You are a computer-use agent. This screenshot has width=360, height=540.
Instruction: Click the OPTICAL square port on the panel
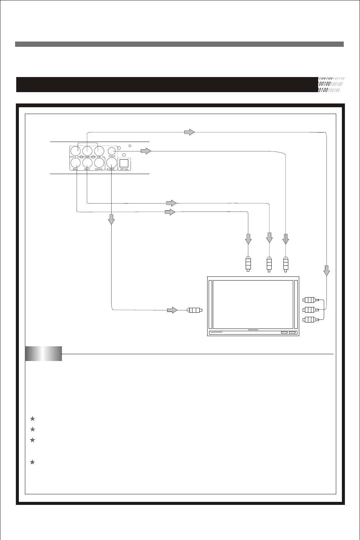[124, 164]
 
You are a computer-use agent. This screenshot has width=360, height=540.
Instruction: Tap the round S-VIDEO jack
[111, 163]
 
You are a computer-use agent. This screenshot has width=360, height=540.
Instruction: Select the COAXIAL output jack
[99, 163]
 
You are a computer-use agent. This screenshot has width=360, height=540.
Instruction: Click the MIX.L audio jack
[76, 163]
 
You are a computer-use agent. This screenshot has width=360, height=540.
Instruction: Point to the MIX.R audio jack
[87, 163]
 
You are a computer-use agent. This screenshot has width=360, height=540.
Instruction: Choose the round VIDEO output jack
[111, 151]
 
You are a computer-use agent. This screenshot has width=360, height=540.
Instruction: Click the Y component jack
[76, 151]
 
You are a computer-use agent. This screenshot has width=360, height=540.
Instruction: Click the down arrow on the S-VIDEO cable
[111, 219]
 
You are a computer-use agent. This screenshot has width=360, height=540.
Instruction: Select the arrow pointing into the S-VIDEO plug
[172, 310]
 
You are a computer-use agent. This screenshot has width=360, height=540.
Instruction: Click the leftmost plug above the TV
[248, 264]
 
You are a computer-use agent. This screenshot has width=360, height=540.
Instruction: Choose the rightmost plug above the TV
[286, 264]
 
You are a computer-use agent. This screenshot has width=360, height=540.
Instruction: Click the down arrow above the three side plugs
[327, 270]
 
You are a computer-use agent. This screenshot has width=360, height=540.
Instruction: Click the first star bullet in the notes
[32, 418]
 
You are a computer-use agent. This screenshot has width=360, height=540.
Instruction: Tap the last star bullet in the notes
[32, 462]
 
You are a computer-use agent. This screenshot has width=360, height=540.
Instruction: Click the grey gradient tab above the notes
[43, 353]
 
